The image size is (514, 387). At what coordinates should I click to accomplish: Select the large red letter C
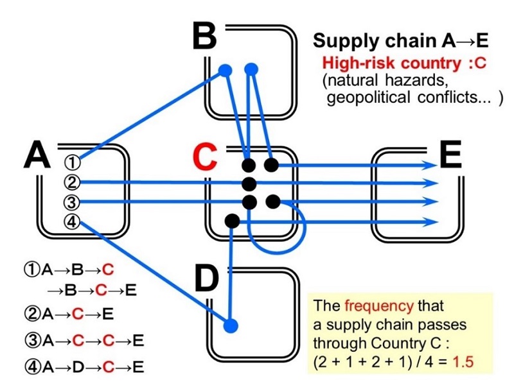tap(205, 157)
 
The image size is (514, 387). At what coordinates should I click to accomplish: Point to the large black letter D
tap(206, 277)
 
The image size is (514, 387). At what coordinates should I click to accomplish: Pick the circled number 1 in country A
tap(75, 162)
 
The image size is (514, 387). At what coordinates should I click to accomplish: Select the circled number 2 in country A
tap(75, 182)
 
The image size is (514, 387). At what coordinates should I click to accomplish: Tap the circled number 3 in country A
tap(75, 202)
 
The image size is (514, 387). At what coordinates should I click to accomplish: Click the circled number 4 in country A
tap(75, 222)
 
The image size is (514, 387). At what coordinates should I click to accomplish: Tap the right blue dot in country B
tap(251, 68)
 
